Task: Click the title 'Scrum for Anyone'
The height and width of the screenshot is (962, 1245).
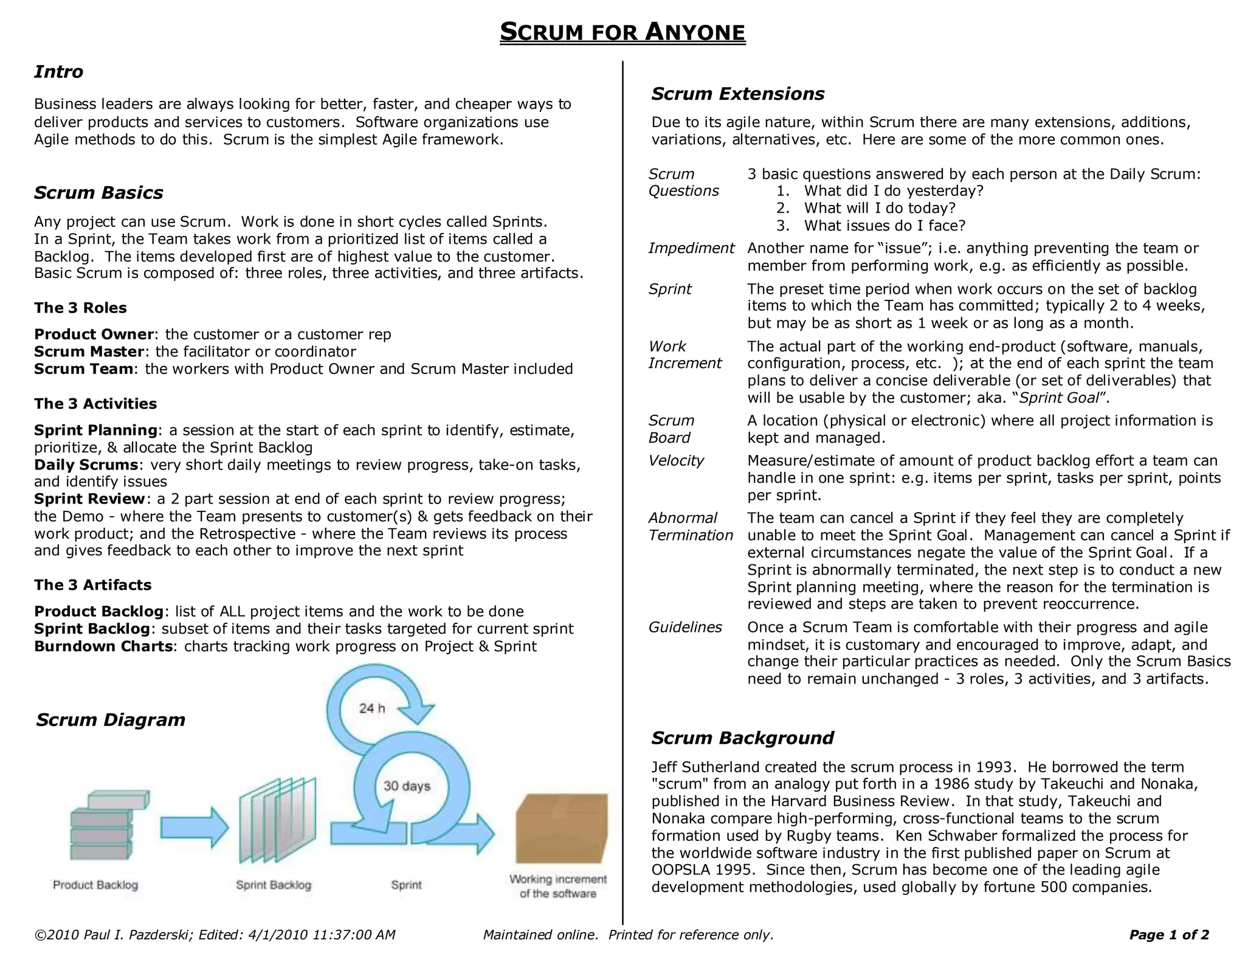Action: (622, 32)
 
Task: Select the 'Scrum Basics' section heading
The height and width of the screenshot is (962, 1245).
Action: (98, 193)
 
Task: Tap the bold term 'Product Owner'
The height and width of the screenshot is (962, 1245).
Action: (94, 334)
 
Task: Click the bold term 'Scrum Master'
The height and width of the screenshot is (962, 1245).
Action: (89, 351)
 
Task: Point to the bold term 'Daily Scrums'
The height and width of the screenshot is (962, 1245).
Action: (86, 465)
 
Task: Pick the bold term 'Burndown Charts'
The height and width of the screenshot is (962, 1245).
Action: (103, 646)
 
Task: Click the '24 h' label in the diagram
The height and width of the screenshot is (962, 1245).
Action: (371, 708)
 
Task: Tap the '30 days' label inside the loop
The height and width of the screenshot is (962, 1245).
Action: (407, 786)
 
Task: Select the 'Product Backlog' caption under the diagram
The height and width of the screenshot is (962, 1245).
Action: (95, 885)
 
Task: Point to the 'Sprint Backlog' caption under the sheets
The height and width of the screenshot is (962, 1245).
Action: (274, 885)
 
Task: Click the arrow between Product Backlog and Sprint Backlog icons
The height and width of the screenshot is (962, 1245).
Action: (194, 828)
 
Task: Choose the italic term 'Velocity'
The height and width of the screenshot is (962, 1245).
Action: (675, 460)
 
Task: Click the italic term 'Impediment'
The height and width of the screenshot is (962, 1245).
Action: (691, 248)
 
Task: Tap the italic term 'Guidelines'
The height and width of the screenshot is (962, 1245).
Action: (685, 627)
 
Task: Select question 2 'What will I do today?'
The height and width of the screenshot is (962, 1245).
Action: (880, 208)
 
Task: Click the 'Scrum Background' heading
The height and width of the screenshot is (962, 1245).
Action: (742, 738)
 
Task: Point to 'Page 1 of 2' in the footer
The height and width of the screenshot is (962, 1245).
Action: (1168, 935)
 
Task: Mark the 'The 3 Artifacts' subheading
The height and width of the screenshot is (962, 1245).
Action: (92, 585)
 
